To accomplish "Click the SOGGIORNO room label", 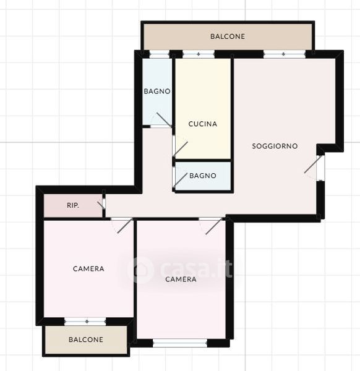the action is pos(275,146).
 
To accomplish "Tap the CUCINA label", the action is pos(203,124).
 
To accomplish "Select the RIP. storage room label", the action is pos(73,205).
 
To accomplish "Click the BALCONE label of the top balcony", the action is pos(228,36).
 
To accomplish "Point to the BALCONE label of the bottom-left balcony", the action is pos(86,339).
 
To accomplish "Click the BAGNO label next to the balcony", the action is pos(157,91).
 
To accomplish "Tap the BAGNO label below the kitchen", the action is pos(203,176).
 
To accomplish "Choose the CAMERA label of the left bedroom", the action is pos(88,268).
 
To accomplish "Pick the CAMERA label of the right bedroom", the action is pos(181,279).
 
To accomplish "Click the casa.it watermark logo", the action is pos(180,269).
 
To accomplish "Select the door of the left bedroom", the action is pos(125,226).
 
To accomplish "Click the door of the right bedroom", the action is pos(214,226).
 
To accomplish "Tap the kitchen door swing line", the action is pos(181,149).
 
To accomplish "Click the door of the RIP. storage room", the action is pos(101,205).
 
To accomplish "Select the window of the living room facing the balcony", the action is pos(285,54).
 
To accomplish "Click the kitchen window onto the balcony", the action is pos(199,54).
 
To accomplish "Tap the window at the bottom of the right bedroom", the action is pos(180,343).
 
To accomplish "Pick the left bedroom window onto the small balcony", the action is pos(85,322).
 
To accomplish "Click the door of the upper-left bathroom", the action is pos(164,120).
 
